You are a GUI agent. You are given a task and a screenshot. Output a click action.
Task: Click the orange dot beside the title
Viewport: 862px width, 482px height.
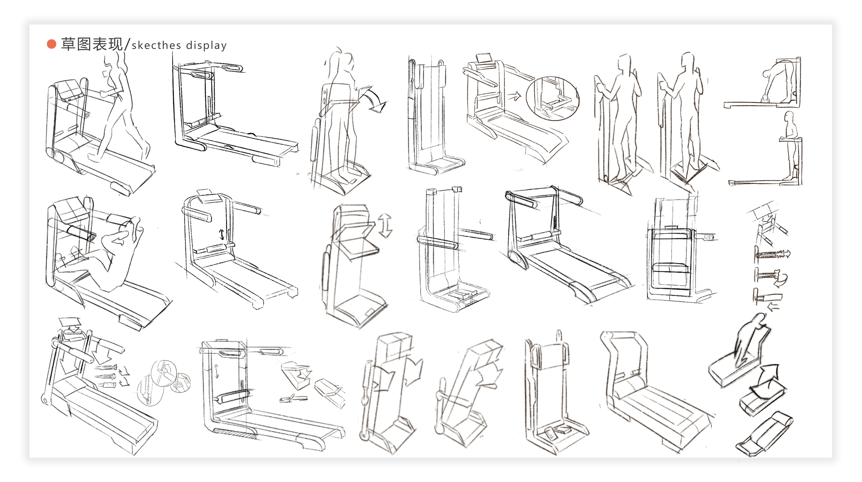[51, 44]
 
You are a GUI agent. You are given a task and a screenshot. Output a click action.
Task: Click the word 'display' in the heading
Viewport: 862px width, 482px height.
[206, 45]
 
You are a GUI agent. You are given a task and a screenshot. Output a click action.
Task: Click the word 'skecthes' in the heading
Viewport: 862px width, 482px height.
[156, 45]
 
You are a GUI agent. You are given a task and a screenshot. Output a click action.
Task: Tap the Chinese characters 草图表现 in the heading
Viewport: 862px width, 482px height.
[92, 44]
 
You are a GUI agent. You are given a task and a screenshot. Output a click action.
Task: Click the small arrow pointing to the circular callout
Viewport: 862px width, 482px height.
[515, 96]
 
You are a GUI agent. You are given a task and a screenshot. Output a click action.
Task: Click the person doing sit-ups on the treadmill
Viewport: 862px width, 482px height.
[110, 254]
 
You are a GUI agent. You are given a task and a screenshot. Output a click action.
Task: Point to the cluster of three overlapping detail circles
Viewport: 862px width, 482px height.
[164, 381]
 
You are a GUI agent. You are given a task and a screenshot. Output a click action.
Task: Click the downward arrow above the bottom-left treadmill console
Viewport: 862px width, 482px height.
[69, 324]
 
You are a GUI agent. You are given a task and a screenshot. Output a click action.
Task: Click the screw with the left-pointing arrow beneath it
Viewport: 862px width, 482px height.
[770, 297]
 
